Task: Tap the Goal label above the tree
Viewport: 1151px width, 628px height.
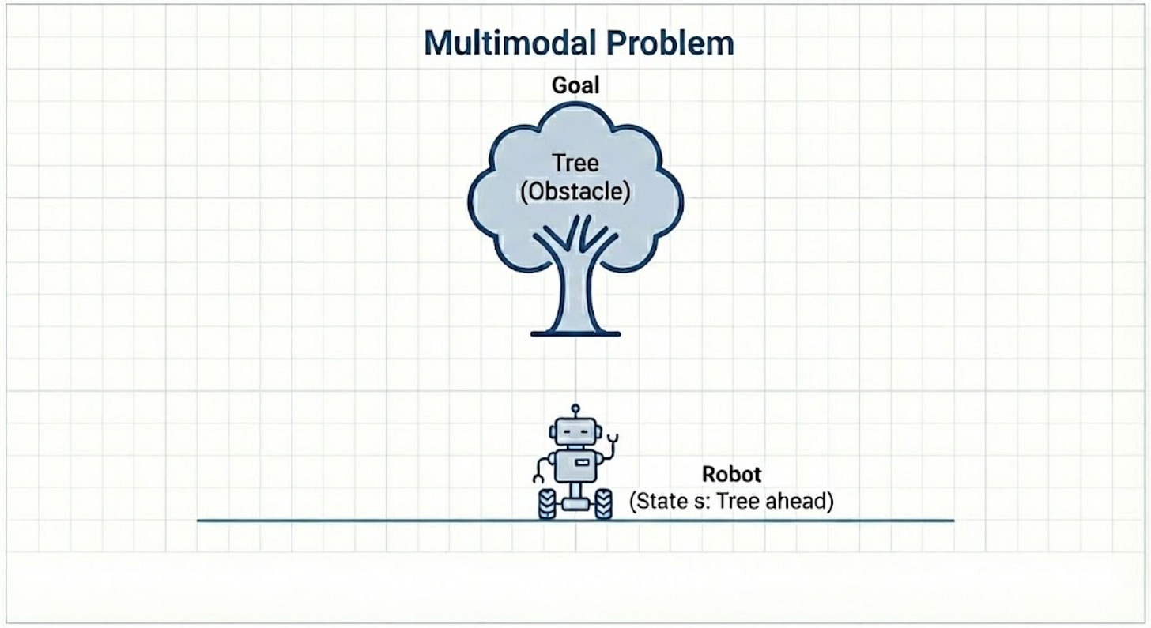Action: [575, 85]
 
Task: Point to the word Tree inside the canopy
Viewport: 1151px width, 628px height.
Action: [575, 164]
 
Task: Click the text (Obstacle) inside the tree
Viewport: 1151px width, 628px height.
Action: [575, 193]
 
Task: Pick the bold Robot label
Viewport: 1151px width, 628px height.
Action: [731, 475]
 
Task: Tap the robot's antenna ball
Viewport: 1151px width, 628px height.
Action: [575, 408]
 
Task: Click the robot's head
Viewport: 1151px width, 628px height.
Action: [575, 433]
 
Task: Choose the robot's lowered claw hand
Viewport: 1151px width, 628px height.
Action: [538, 477]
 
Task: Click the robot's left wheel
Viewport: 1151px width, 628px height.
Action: [547, 504]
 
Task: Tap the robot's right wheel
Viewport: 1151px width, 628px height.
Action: [603, 504]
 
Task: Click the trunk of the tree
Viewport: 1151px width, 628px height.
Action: [575, 292]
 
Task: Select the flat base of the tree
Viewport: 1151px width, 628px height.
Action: [575, 333]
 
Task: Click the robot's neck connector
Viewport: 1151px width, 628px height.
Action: [575, 448]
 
